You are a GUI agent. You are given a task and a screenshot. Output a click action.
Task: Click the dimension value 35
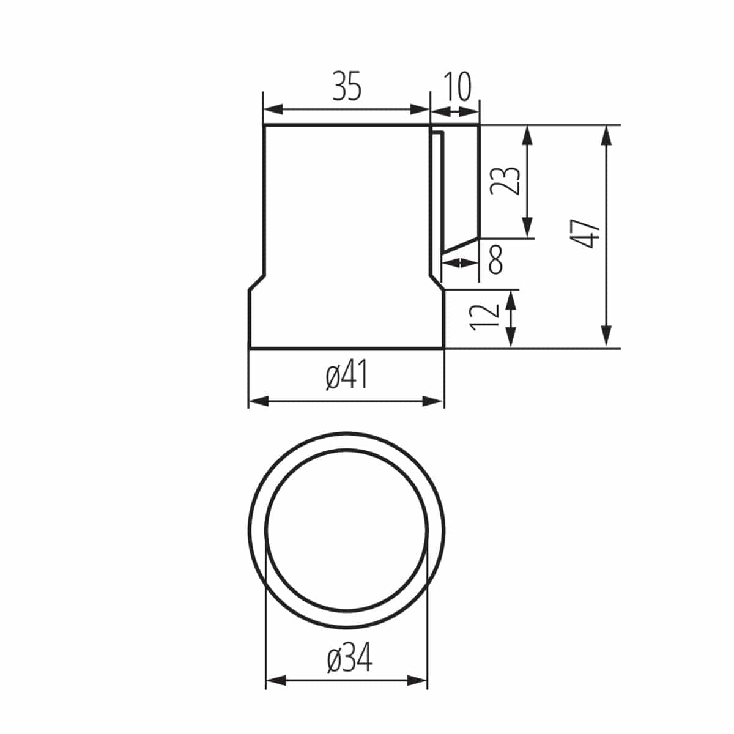347,86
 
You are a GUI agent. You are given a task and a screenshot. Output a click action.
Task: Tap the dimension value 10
456,86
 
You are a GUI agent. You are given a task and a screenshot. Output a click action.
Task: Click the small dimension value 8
495,259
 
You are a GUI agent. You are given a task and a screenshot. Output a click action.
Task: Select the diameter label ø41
347,376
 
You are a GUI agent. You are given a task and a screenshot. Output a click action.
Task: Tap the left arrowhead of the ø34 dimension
275,680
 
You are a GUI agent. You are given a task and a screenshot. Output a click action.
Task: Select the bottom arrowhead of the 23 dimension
528,229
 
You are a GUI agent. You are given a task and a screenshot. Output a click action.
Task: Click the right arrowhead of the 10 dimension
473,111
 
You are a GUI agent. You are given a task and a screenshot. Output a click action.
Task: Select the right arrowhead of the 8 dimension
472,263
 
